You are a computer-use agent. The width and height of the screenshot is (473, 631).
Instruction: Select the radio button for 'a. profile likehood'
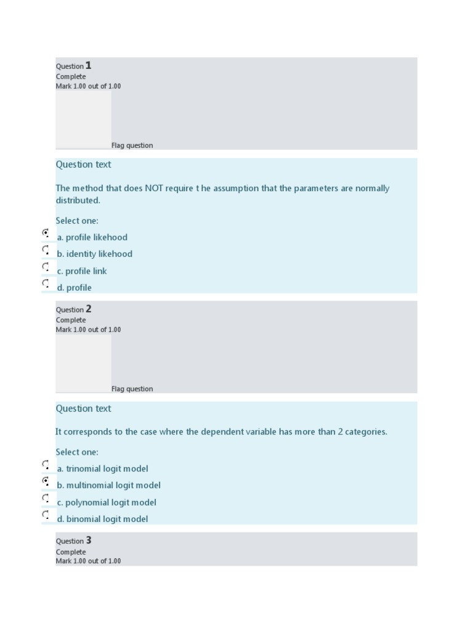click(46, 234)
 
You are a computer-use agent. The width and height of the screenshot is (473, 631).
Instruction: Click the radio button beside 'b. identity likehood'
click(46, 250)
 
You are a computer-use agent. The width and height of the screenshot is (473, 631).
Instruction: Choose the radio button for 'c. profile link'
click(46, 267)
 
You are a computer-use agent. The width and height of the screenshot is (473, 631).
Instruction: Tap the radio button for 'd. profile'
click(46, 283)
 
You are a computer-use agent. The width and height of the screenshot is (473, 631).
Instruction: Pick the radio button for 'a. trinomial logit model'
click(46, 465)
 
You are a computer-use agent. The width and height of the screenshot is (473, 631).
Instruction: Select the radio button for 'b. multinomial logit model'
click(46, 481)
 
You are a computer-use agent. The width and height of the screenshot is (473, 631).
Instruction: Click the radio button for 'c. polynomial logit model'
click(46, 498)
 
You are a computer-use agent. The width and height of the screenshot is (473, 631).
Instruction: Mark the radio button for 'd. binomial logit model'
click(46, 515)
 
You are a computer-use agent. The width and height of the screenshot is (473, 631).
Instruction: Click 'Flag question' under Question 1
click(132, 145)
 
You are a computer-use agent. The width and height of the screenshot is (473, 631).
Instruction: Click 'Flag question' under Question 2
click(132, 389)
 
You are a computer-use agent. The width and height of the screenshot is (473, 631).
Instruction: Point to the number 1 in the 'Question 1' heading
click(88, 65)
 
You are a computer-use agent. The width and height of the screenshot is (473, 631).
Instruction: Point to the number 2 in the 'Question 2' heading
click(88, 309)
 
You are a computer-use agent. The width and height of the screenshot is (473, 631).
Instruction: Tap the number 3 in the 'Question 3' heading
click(88, 540)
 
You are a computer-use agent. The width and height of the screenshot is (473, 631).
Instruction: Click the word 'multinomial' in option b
click(90, 486)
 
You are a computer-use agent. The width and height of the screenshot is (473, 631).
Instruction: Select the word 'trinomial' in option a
click(84, 469)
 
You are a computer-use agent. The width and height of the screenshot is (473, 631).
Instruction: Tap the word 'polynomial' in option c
click(89, 502)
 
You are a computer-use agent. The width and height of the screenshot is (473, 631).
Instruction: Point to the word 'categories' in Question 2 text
click(365, 432)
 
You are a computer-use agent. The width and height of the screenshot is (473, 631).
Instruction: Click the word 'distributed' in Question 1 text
click(77, 201)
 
